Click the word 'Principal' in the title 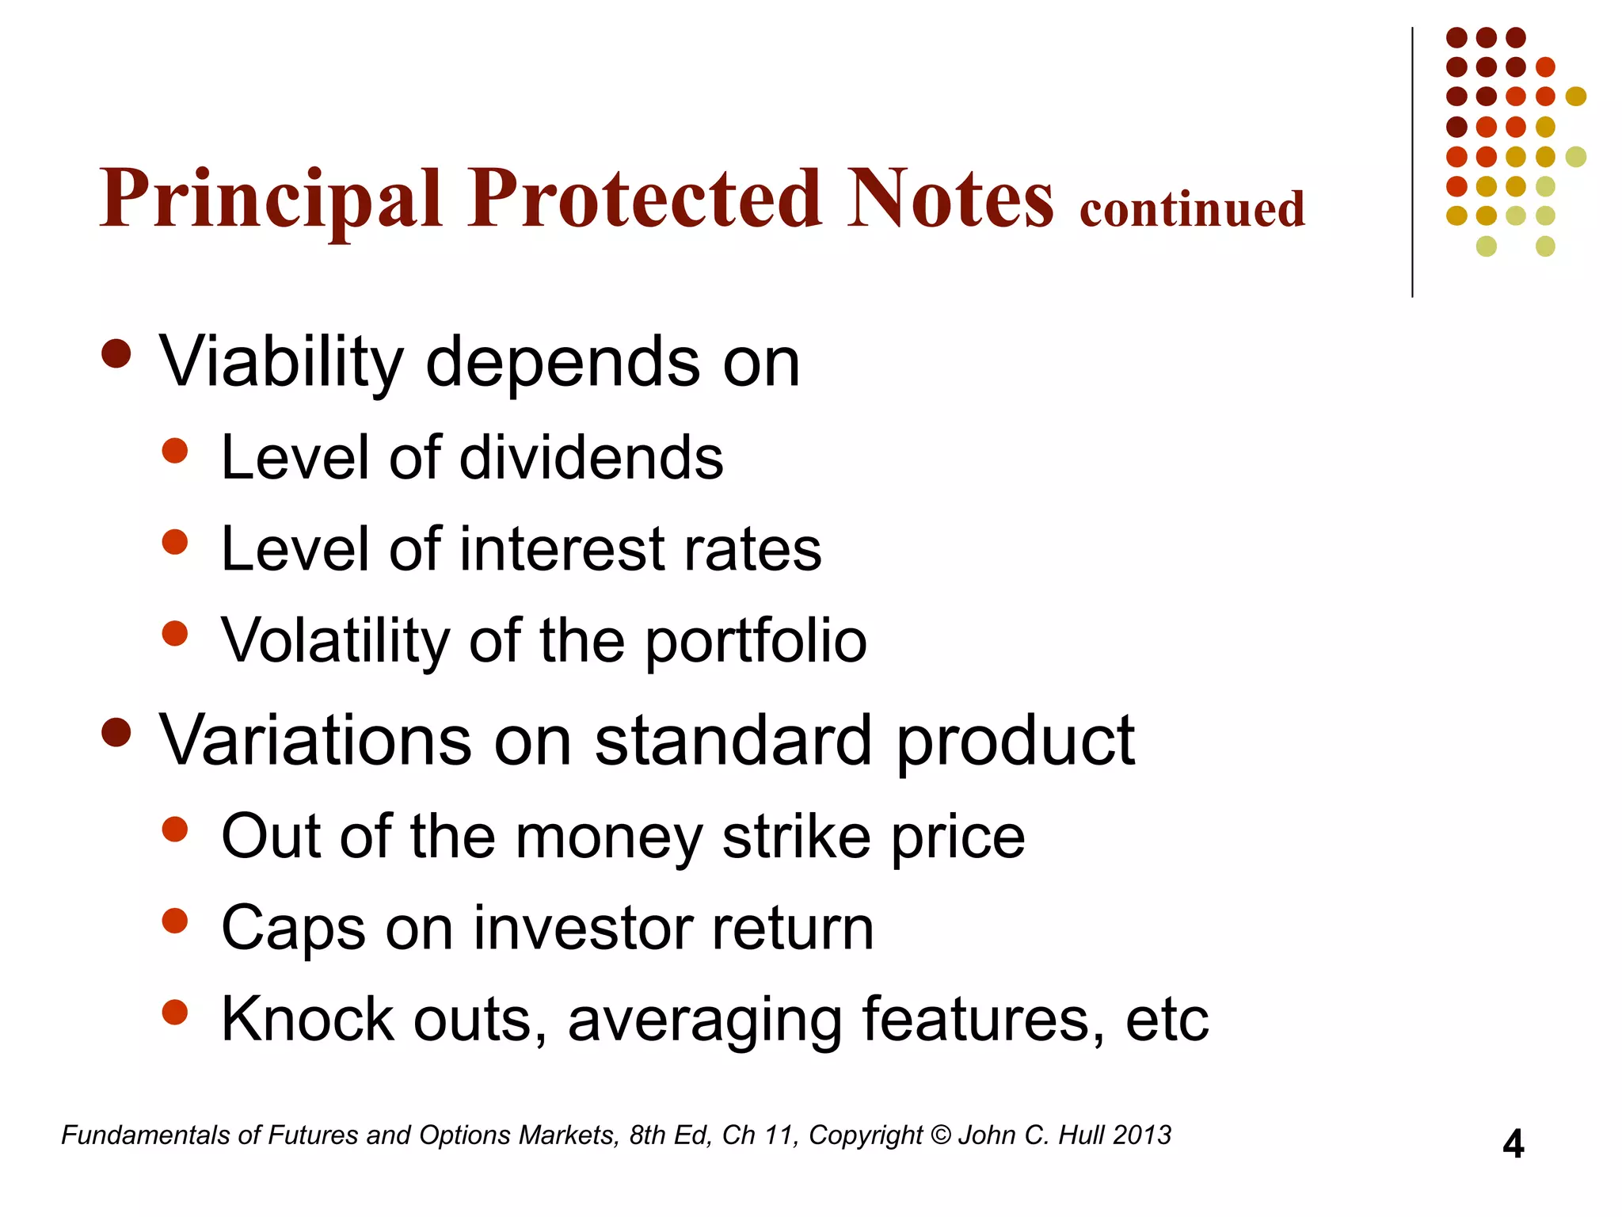(x=270, y=200)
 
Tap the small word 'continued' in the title (x=1192, y=210)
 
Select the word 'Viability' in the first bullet (x=282, y=363)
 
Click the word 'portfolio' (x=756, y=642)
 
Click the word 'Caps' (x=293, y=929)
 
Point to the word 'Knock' (x=307, y=1019)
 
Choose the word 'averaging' (x=705, y=1021)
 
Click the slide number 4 (x=1513, y=1145)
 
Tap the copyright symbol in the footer (x=940, y=1135)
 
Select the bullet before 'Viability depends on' (x=116, y=354)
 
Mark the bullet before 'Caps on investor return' (x=174, y=921)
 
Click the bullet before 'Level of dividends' (x=174, y=451)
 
